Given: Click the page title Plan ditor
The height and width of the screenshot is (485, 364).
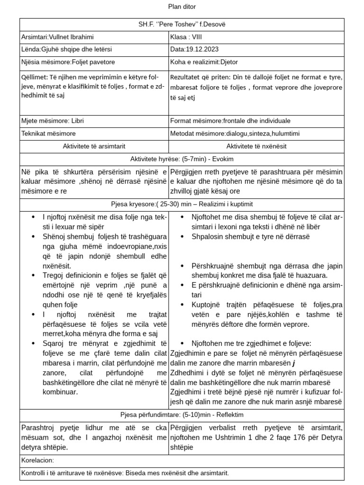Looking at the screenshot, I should point(182,7).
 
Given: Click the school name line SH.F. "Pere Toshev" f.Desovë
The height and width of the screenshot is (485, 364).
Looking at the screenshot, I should point(182,24).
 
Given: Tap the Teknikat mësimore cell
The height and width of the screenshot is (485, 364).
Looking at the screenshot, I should point(48,134).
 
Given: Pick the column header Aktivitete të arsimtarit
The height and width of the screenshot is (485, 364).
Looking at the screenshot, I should point(94,146).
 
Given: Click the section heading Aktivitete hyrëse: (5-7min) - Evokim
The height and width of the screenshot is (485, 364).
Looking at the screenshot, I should point(182,159).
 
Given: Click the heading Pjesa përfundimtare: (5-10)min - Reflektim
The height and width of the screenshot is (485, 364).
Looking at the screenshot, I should point(182,414).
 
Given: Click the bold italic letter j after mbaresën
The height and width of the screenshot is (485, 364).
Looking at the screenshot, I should point(294,364).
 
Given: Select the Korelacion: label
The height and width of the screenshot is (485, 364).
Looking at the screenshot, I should point(38,460).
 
